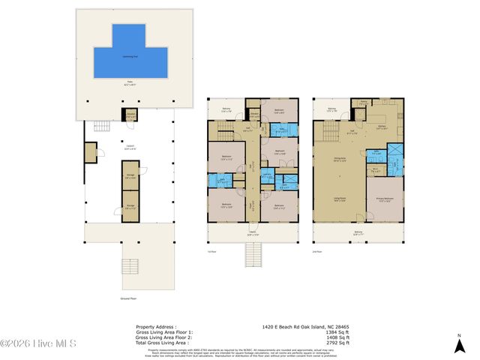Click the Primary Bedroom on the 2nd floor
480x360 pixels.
coord(384,199)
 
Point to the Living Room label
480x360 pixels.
coord(339,199)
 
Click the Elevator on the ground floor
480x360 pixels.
coord(130,115)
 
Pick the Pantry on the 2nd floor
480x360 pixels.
coord(362,103)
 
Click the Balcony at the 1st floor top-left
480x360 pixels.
coord(226,109)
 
